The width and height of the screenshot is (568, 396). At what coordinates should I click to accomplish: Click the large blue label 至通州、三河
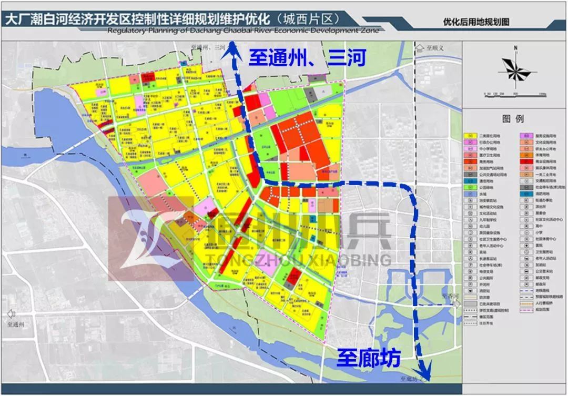pyautogui.click(x=307, y=57)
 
